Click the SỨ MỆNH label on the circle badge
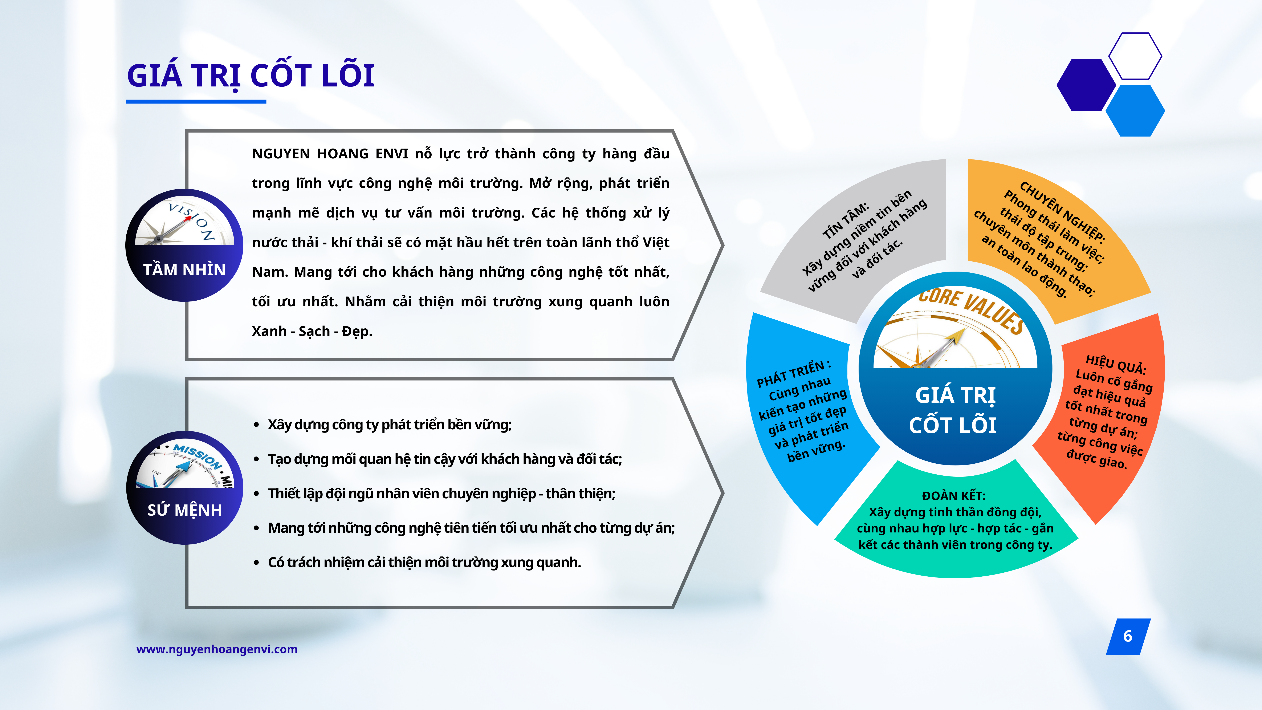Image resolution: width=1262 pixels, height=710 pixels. coord(185,510)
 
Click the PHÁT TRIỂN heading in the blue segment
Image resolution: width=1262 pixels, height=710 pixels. coord(794,374)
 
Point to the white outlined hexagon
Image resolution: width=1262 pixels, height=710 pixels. coord(1135,56)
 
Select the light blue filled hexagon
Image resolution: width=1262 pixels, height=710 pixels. coord(1135,111)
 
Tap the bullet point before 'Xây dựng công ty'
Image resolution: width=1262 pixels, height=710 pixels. coord(256,425)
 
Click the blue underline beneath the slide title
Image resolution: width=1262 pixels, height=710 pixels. coord(196,101)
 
